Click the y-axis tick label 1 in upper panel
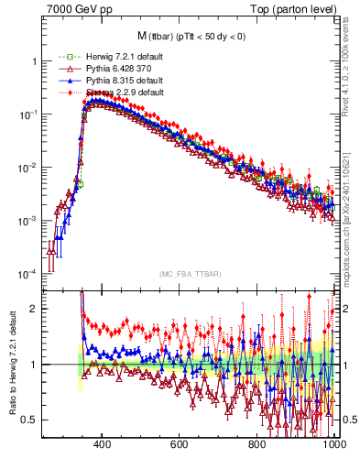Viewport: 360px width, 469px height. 34,61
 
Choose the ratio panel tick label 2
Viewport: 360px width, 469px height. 34,309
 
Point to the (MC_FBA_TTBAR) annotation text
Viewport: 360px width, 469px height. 189,273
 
